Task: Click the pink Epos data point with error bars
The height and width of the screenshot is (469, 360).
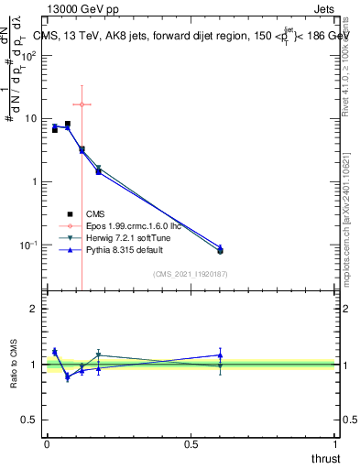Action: (82, 104)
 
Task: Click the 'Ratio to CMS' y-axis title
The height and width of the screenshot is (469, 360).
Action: (15, 365)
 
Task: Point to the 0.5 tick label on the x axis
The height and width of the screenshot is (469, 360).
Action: (191, 444)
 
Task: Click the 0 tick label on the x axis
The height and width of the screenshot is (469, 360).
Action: (46, 444)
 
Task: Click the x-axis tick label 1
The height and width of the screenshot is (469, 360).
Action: (336, 444)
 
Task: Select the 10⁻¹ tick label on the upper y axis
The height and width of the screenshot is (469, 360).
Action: (28, 245)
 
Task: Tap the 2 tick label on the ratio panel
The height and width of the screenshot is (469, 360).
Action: (34, 309)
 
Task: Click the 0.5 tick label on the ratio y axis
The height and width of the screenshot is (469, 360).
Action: (29, 420)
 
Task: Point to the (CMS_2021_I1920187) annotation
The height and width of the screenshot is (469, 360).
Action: (190, 274)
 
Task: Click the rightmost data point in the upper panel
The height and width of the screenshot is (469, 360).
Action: (220, 249)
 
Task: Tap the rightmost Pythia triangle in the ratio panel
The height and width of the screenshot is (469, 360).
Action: (220, 354)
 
